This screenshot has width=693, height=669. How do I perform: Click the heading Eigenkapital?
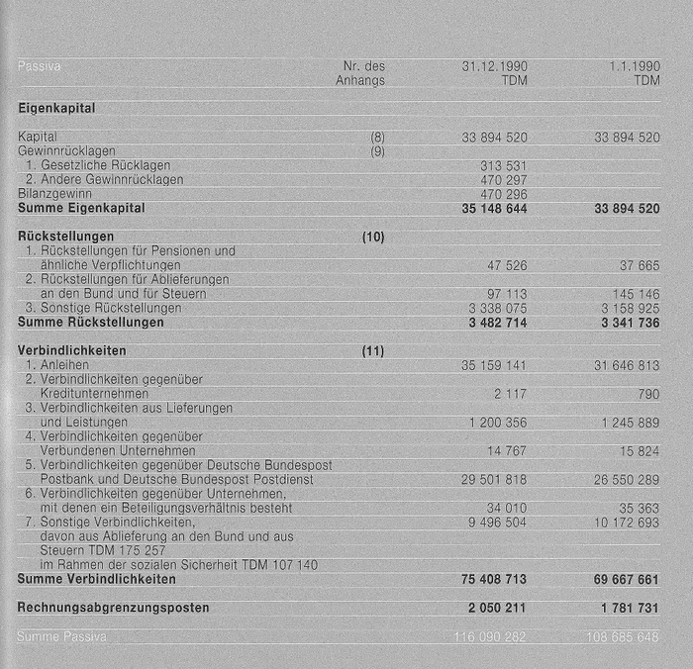(x=56, y=109)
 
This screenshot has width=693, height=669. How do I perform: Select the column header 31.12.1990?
(x=494, y=66)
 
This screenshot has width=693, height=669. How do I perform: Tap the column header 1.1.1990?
(x=634, y=66)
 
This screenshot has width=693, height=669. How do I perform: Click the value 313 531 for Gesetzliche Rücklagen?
(x=503, y=165)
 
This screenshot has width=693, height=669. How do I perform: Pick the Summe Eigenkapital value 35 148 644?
(x=494, y=209)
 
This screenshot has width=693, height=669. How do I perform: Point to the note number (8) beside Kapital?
(x=377, y=138)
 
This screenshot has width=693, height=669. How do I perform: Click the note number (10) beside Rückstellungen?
(x=373, y=238)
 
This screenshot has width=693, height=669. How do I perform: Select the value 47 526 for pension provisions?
(x=507, y=266)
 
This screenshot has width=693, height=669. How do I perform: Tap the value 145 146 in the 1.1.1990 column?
(x=636, y=295)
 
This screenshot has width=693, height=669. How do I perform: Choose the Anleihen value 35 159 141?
(x=494, y=365)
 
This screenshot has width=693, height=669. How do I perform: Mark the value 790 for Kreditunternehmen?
(x=648, y=394)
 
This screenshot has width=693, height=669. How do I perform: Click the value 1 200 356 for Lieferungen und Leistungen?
(x=498, y=423)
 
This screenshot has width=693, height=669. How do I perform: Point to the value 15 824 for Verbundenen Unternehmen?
(x=640, y=451)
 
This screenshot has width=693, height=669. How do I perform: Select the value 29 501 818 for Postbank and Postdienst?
(x=494, y=480)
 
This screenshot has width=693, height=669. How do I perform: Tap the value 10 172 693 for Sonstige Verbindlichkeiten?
(x=627, y=523)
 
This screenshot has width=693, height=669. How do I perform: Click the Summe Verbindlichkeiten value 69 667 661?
(x=627, y=579)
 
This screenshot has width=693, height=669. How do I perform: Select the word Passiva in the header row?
(x=39, y=66)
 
